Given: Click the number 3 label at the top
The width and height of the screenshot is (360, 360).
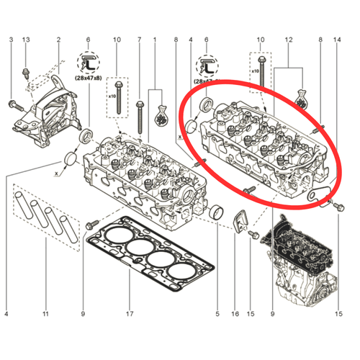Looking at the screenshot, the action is tap(11, 40).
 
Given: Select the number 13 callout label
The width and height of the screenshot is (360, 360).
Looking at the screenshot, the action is tap(26, 40).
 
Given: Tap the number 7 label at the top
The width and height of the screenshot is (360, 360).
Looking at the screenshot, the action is tap(140, 40).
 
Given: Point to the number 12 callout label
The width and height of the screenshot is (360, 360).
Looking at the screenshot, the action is tap(289, 40).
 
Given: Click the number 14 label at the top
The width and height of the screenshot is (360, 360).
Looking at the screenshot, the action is tap(337, 40).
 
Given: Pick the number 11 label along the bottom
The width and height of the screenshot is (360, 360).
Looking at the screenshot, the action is tap(45, 314).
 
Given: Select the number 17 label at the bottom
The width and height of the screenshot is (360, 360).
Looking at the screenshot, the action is tap(130, 314).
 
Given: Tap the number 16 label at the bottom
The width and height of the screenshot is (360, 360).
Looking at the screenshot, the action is tap(235, 314).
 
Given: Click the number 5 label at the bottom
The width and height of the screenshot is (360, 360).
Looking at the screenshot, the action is tap(217, 314).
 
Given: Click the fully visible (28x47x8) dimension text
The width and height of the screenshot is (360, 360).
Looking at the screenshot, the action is tap(89, 78).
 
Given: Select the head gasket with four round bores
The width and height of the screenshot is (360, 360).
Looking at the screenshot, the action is tap(150, 253).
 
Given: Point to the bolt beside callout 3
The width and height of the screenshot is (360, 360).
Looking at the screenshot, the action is tap(17, 106).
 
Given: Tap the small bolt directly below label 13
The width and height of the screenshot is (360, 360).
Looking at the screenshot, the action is tap(26, 73).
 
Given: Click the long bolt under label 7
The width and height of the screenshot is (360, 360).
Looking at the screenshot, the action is tap(140, 117).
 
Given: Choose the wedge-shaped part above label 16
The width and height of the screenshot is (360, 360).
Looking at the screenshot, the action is tap(240, 221).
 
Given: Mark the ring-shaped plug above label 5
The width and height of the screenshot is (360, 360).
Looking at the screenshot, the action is tap(216, 212).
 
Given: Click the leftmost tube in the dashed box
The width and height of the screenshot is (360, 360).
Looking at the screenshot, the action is tap(24, 205).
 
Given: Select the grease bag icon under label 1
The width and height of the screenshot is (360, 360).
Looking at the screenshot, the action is tap(161, 116).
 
